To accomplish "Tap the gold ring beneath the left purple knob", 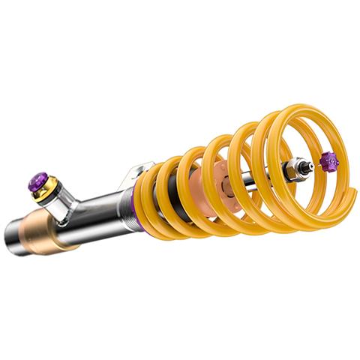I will [43, 191].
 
